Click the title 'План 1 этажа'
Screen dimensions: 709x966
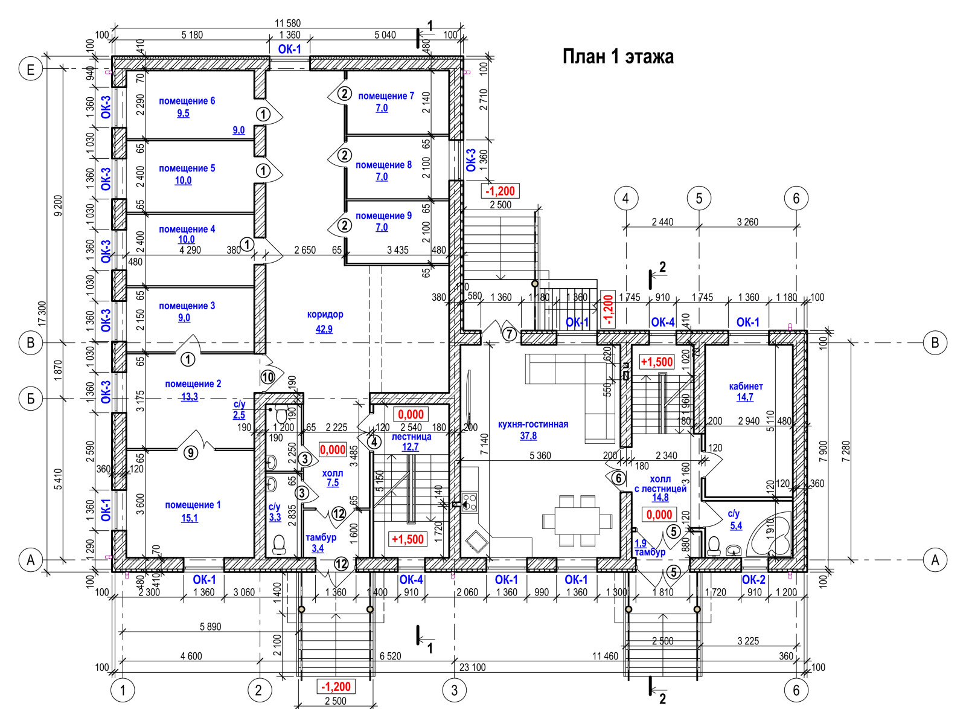[618, 57]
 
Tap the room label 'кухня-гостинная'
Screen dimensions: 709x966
[533, 424]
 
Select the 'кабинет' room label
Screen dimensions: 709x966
[746, 386]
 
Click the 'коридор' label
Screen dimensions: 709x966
[325, 314]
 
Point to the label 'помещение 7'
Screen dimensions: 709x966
[386, 96]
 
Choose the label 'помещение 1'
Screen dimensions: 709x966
[193, 505]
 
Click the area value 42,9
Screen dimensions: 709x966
[324, 329]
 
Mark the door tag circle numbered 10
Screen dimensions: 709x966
[267, 377]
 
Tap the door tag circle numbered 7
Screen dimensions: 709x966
[510, 334]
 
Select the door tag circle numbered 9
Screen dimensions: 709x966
[190, 452]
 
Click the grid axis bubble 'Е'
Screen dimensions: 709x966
[31, 69]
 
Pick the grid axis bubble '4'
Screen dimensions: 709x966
[625, 197]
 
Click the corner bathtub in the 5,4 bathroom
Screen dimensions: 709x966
[772, 535]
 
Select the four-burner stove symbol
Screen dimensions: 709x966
[469, 502]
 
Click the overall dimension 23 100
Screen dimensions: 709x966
[472, 667]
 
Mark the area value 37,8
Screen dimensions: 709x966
[528, 436]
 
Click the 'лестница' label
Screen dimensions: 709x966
[411, 436]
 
